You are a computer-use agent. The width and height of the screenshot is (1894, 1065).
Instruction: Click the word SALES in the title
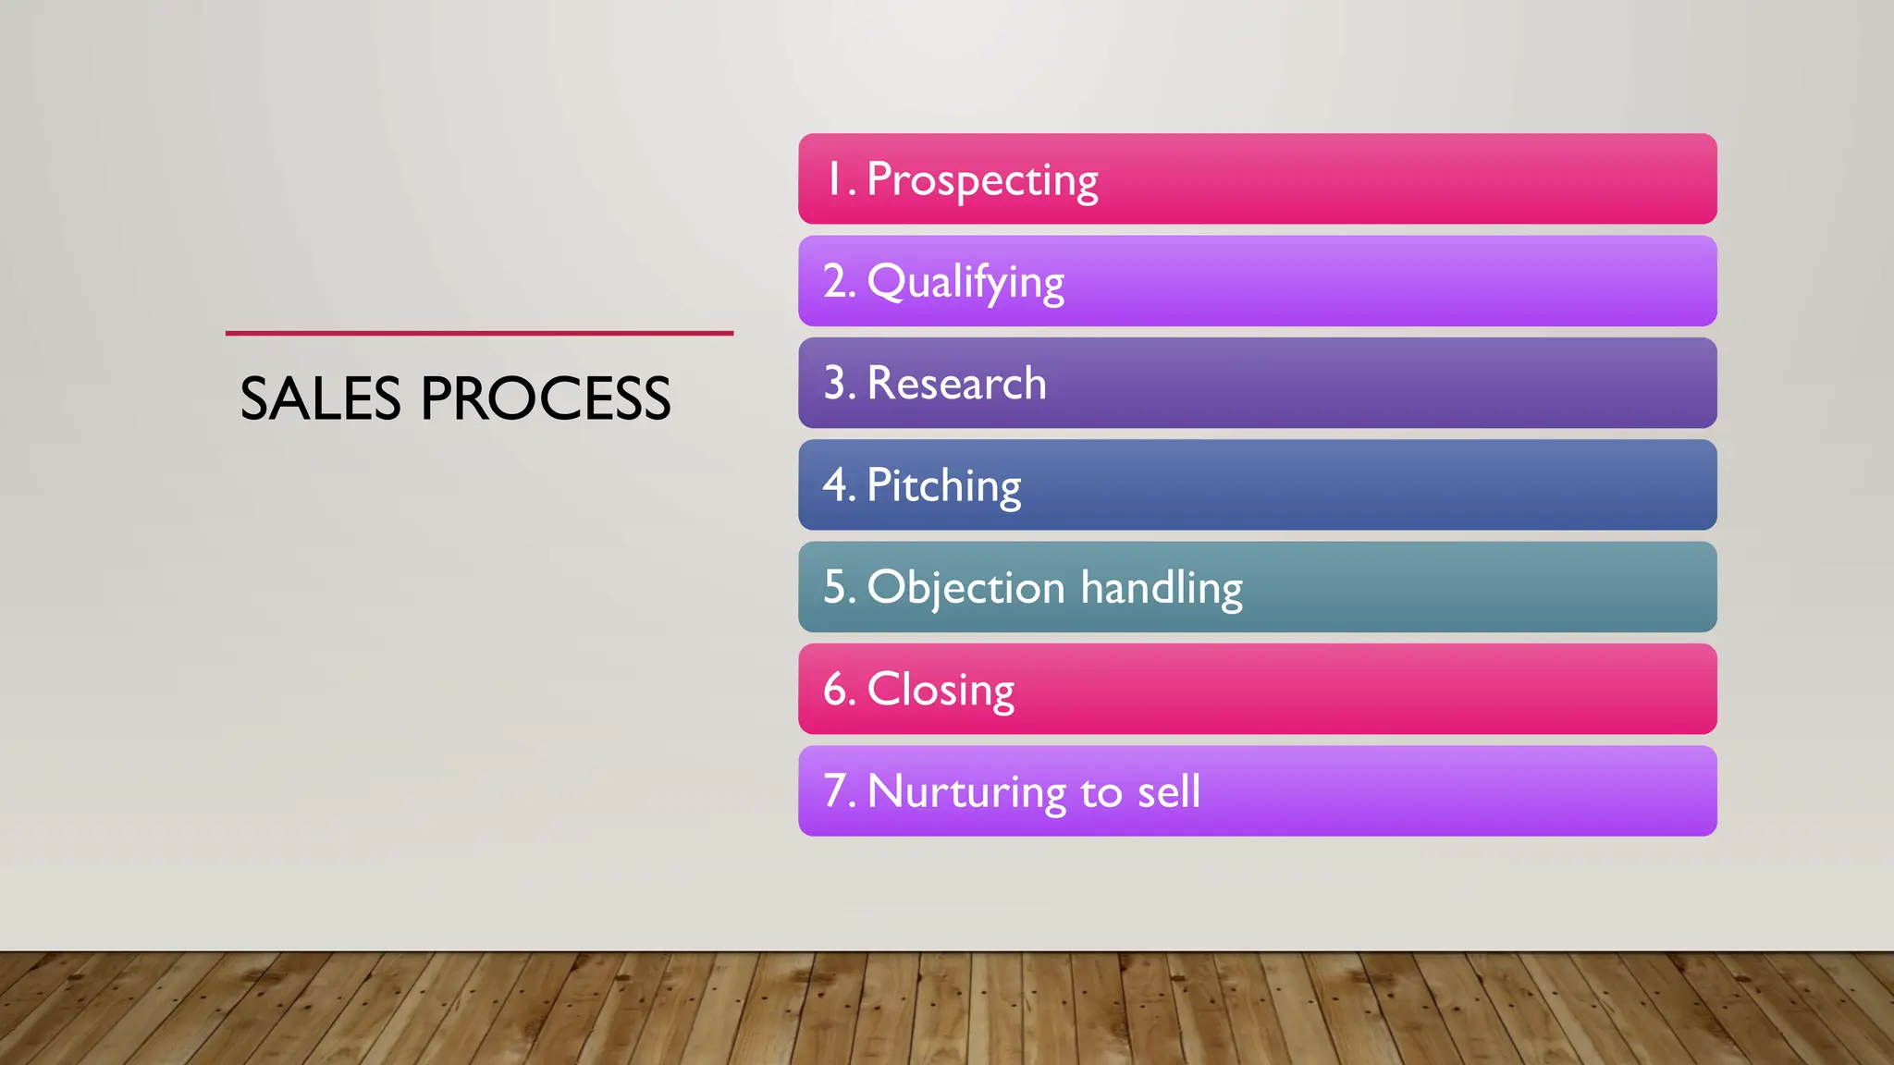[x=320, y=399]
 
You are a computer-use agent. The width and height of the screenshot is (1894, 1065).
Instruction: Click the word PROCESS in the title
[x=546, y=399]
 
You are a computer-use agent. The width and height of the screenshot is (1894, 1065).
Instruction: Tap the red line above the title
[x=479, y=333]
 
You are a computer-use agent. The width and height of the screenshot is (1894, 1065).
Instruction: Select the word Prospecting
[x=982, y=180]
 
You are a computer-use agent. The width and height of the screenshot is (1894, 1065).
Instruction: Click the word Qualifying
[x=965, y=282]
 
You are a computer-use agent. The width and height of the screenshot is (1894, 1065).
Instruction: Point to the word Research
[x=956, y=384]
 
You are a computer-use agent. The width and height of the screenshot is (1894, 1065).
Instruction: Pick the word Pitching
[x=943, y=486]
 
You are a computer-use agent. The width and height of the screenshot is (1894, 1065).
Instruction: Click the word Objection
[x=965, y=588]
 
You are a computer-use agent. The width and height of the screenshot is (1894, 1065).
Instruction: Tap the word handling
[x=1162, y=588]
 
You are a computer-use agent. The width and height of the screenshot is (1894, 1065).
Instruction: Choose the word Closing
[x=941, y=691]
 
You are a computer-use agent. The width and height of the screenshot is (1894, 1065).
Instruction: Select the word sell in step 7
[x=1169, y=792]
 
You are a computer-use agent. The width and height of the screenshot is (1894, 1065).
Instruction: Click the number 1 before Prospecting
[x=834, y=179]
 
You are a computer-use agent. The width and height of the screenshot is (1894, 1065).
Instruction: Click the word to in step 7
[x=1101, y=793]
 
